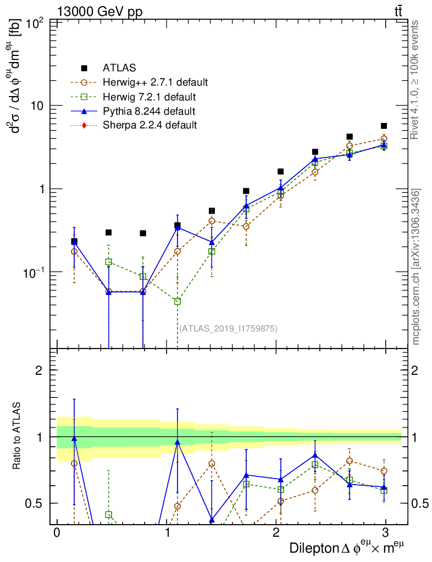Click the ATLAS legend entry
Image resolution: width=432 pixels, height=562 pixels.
point(119,68)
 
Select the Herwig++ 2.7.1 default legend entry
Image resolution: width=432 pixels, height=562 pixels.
point(155,83)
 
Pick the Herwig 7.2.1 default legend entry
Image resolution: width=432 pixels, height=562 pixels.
point(149,97)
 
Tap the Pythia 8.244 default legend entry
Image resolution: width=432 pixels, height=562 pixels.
point(148,111)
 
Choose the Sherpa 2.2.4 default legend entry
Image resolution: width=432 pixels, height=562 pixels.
point(149,125)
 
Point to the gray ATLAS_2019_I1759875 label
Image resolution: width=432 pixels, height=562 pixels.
point(228,329)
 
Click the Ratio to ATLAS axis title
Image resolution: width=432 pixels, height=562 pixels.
point(18,436)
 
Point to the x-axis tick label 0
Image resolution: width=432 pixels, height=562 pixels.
point(57,533)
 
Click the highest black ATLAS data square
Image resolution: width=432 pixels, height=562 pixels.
point(384,126)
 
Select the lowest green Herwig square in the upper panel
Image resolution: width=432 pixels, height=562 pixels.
point(178,301)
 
